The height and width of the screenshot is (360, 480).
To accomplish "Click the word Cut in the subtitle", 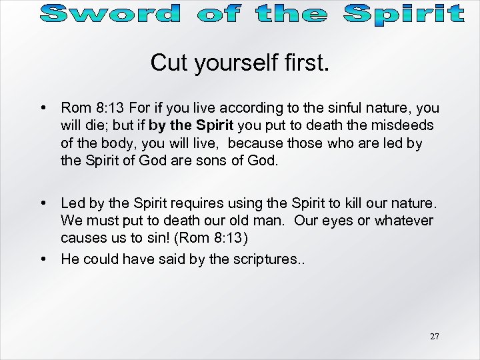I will click(169, 63).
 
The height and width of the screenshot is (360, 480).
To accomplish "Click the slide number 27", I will click(435, 337).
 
